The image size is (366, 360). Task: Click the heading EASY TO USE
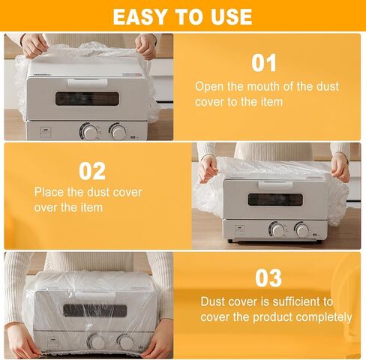coord(183,16)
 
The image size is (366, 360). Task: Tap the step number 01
coord(264,63)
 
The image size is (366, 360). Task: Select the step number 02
coord(92,171)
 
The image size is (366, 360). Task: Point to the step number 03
coord(268,278)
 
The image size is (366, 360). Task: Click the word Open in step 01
coord(208,86)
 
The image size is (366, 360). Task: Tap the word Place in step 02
coord(49,192)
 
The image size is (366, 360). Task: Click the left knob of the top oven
coord(91,132)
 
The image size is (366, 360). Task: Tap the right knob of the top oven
coord(118,132)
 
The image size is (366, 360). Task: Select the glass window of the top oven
coord(88,98)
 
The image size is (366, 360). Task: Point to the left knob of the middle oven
coord(277,230)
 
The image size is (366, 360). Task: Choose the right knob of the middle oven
coord(302,230)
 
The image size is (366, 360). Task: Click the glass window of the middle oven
coord(275,199)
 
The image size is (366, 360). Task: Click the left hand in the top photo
coord(34,46)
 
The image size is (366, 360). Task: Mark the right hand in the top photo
coord(145,46)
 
